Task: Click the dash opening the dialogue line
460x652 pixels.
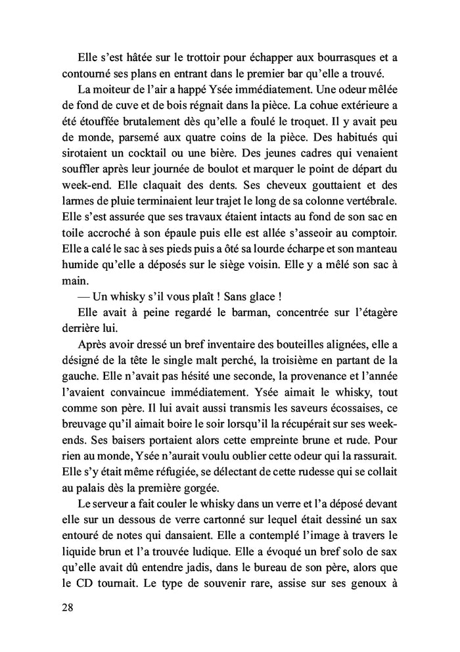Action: click(x=85, y=311)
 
